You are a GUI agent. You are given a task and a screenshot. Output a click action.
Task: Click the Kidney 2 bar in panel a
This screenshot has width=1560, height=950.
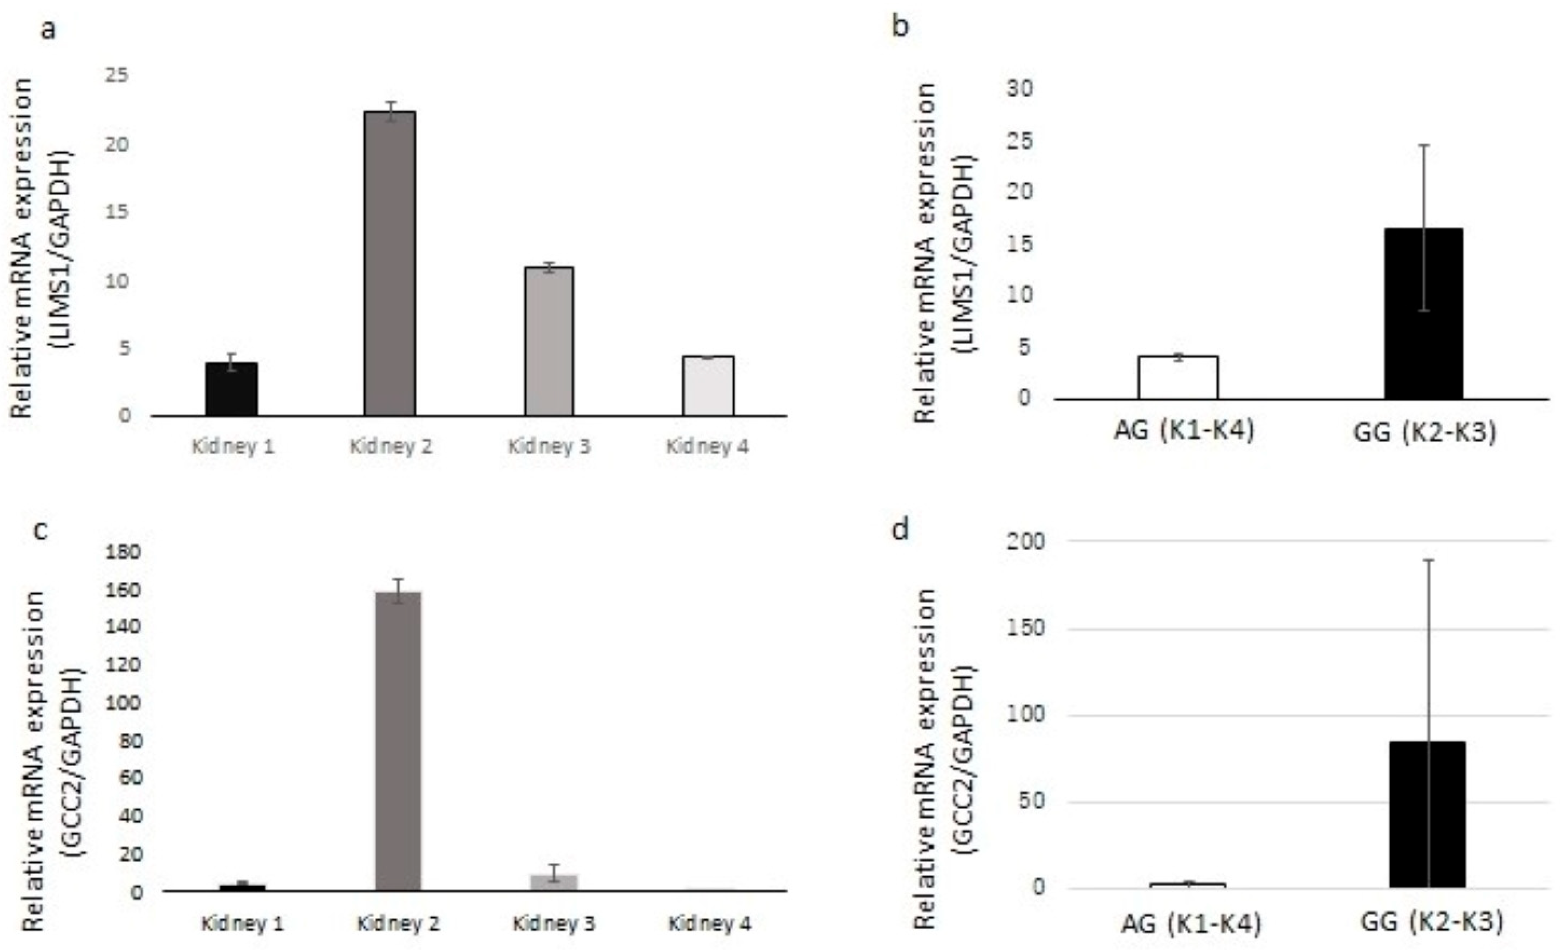(x=390, y=263)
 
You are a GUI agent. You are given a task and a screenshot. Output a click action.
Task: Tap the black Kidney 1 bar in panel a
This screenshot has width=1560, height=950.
(x=232, y=389)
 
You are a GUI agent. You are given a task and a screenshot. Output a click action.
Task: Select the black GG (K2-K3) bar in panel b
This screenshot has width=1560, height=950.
(x=1423, y=314)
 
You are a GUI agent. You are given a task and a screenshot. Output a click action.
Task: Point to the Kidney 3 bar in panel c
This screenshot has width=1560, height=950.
(x=554, y=882)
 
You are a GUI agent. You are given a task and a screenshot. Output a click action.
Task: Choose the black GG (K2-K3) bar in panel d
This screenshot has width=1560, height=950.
(x=1428, y=814)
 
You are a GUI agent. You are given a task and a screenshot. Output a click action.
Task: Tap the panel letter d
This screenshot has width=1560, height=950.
(x=900, y=529)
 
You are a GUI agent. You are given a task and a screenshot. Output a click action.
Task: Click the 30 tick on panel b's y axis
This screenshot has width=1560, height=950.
(x=1019, y=89)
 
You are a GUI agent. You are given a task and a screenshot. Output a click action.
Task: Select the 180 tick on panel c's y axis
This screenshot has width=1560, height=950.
(x=123, y=552)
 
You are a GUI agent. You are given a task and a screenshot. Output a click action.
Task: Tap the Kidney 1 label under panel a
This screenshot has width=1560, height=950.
(x=233, y=447)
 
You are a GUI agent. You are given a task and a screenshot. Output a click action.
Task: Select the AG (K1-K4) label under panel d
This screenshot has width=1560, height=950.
(x=1190, y=924)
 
